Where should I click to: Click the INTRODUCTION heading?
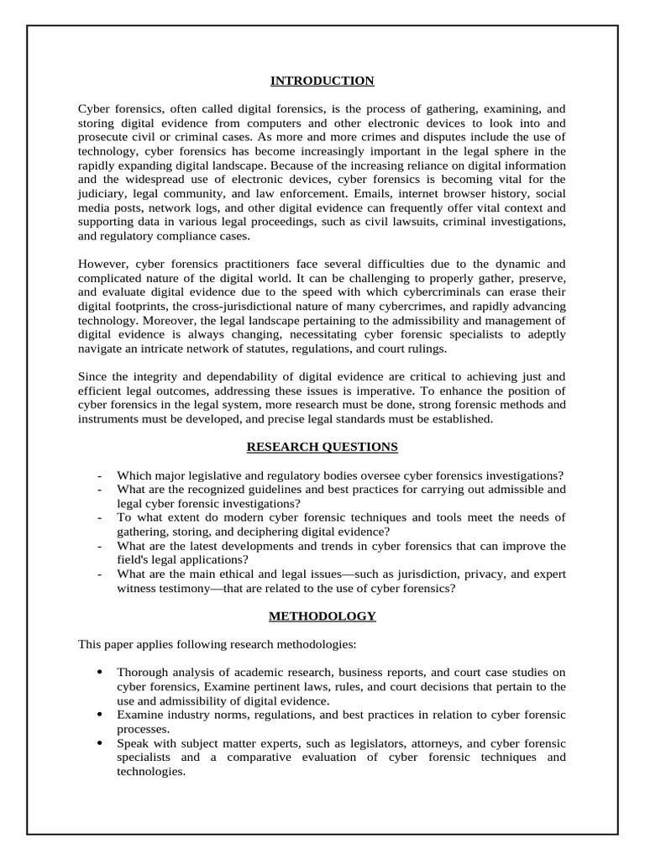322,81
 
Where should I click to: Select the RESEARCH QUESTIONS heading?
322,447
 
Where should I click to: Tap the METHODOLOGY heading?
322,616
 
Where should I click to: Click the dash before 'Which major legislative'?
100,475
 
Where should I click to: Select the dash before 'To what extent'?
100,517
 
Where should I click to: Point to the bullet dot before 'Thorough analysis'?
100,672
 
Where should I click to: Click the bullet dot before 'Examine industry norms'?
100,715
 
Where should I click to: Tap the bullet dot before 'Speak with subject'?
100,743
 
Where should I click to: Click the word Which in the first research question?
133,475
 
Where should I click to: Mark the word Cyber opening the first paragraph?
94,109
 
